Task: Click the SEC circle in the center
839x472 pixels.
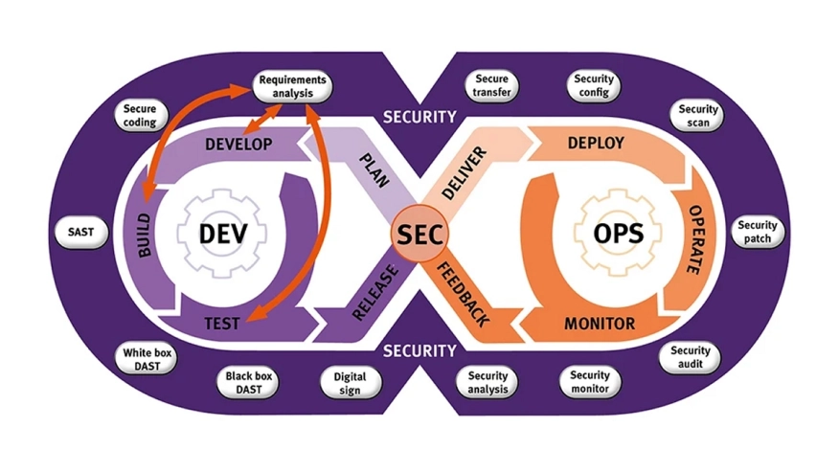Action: (419, 234)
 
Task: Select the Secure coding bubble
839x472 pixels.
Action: (140, 116)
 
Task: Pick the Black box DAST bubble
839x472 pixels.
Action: (249, 383)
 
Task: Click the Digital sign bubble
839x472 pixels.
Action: (350, 383)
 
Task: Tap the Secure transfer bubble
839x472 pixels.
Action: (492, 86)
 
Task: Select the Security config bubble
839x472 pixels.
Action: (595, 86)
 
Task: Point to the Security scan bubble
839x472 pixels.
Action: (698, 116)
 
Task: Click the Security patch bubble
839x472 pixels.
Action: (758, 232)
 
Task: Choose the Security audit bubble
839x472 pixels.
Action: (690, 358)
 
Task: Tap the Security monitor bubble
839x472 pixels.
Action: (589, 382)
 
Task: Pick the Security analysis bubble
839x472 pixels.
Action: (488, 383)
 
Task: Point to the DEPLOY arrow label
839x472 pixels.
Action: (596, 144)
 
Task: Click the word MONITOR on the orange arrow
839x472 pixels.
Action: (600, 324)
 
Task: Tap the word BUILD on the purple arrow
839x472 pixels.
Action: (145, 234)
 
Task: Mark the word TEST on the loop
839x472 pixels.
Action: (222, 324)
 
